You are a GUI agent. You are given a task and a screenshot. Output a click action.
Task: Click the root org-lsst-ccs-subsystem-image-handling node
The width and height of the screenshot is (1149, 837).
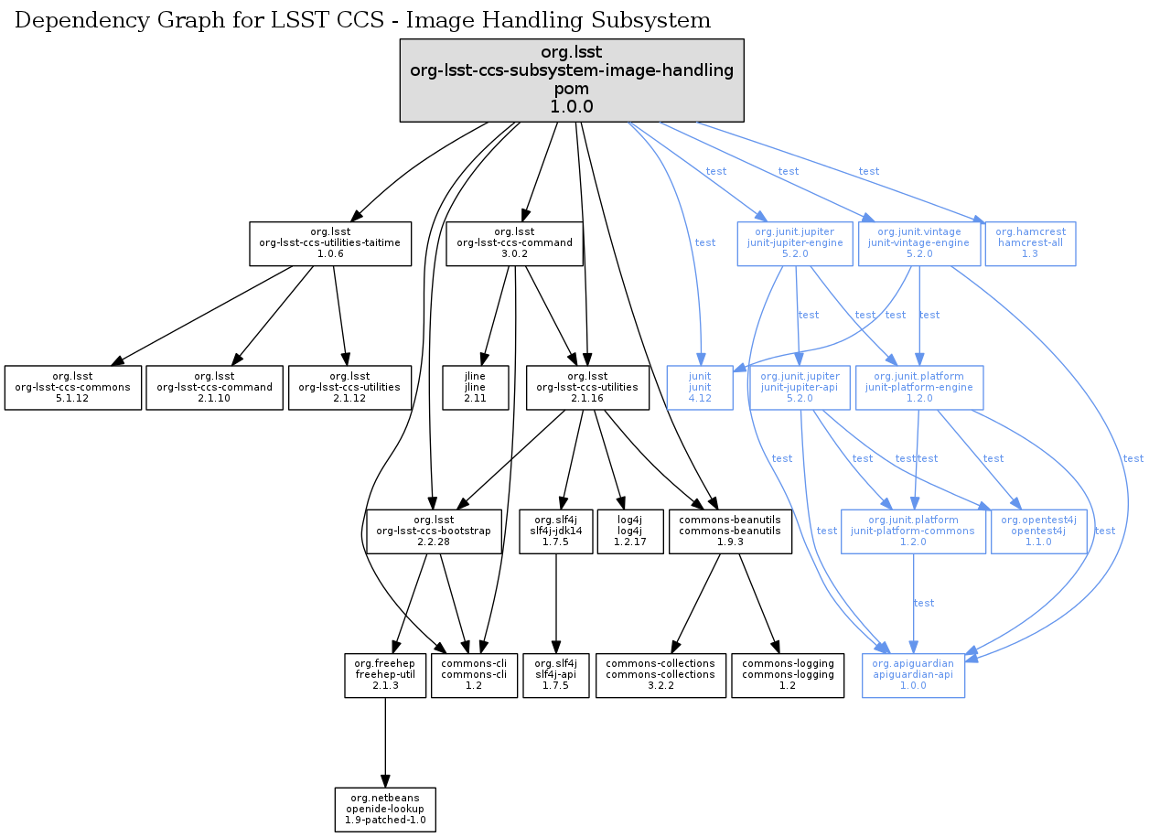pos(572,80)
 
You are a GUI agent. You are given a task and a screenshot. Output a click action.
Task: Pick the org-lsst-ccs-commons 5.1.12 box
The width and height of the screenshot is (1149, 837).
pos(73,388)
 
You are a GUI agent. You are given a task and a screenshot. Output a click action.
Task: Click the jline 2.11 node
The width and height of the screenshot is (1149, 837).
pos(475,388)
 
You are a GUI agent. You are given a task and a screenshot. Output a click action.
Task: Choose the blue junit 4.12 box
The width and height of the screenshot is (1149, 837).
pos(700,388)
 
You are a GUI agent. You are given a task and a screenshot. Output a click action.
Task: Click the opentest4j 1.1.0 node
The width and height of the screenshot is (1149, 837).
pos(1038,531)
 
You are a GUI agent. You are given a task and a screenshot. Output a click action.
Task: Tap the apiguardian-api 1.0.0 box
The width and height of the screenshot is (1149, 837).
pos(913,675)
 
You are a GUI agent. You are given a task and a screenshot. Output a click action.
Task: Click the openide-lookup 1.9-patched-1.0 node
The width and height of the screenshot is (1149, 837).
pos(384,810)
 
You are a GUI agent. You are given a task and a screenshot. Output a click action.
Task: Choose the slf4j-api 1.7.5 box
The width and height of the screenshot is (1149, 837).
pos(555,675)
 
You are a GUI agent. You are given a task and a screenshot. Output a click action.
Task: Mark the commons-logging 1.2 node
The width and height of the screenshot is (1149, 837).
pos(788,675)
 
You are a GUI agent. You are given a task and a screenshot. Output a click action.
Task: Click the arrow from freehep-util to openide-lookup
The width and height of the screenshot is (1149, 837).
pos(384,741)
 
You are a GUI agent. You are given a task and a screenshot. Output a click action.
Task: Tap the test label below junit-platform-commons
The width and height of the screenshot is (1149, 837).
pos(924,603)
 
